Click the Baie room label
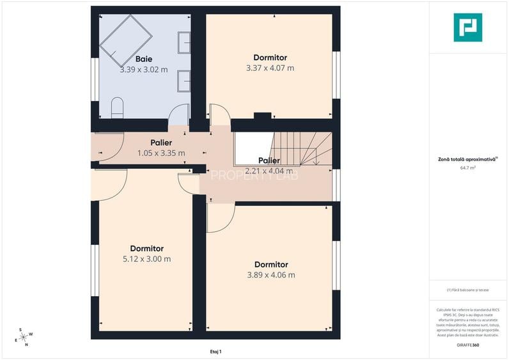click(x=143, y=59)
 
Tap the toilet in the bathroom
click(x=117, y=107)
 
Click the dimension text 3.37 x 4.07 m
click(x=270, y=68)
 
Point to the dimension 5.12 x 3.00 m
click(x=146, y=259)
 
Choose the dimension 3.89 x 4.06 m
click(x=270, y=275)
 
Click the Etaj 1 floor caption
click(x=215, y=351)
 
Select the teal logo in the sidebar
click(x=467, y=27)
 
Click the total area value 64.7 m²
click(x=467, y=168)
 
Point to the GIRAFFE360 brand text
click(x=467, y=345)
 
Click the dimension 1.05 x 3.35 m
click(x=161, y=153)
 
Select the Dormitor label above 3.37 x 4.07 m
click(x=270, y=57)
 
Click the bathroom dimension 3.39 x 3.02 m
click(x=143, y=70)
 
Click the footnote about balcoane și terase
click(x=467, y=290)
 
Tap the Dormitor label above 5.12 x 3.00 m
click(x=146, y=248)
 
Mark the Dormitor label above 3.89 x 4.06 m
click(x=270, y=264)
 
